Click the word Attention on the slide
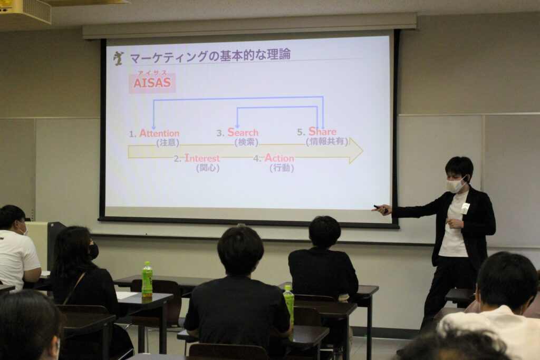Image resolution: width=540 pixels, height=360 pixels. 159,133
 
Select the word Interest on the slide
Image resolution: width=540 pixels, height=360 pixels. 202,158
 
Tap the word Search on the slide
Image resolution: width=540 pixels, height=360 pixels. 243,132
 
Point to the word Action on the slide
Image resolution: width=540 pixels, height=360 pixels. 279,158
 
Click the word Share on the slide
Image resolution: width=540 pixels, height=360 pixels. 322,131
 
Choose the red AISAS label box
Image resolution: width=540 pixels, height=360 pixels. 152,83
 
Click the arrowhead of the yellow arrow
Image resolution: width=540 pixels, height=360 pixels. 356,150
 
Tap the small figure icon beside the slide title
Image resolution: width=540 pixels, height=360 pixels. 119,58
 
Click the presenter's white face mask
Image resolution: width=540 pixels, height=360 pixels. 456,185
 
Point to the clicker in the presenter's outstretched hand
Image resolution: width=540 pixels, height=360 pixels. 380,207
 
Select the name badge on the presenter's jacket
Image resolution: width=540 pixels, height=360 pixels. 465,208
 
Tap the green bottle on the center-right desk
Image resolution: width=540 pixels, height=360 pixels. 288,303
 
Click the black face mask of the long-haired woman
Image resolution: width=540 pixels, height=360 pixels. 94,251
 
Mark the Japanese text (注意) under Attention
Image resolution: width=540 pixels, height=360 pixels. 168,142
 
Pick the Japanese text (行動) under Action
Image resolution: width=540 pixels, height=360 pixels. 282,168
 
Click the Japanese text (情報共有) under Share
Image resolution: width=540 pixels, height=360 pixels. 327,141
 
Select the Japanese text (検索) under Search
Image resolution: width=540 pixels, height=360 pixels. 246,142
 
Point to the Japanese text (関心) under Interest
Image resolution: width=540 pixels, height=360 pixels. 208,168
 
